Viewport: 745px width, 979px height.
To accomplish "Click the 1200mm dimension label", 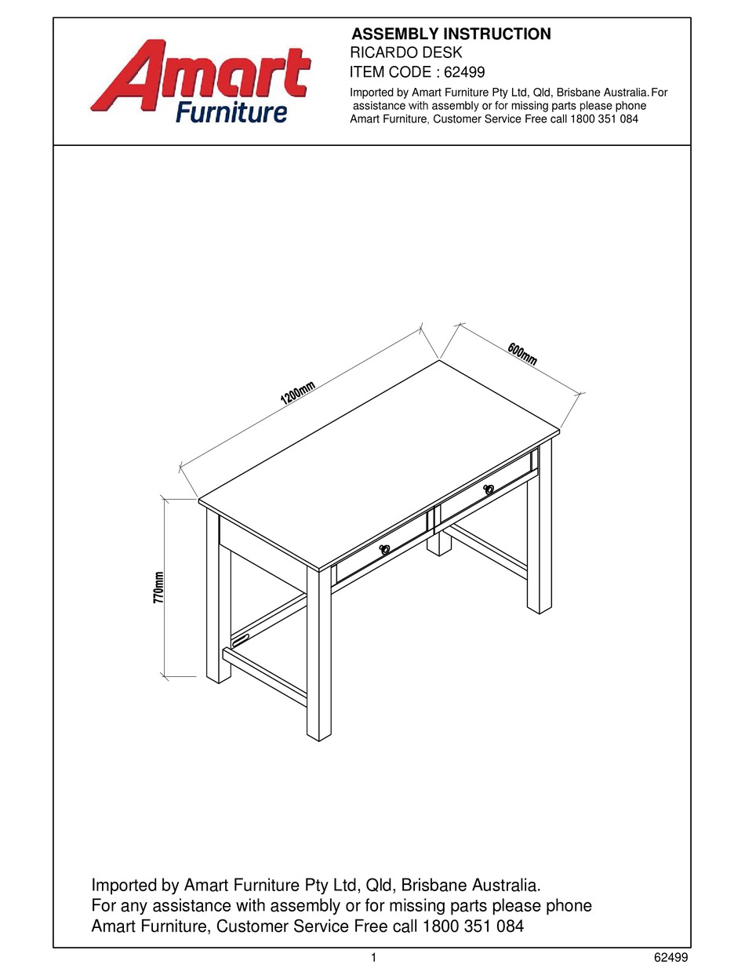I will pos(298,392).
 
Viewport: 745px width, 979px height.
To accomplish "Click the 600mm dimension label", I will pos(522,354).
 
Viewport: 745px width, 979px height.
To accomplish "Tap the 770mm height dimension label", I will pos(159,587).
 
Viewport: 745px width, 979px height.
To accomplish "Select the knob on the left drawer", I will pos(385,550).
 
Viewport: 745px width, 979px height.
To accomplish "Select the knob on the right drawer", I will pos(489,489).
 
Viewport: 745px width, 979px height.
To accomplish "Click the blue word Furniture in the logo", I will pos(231,112).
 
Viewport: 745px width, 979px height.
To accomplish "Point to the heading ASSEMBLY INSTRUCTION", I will pos(451,34).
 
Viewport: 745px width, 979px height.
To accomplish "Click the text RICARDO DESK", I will pos(405,53).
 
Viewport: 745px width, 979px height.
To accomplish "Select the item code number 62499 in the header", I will pos(464,72).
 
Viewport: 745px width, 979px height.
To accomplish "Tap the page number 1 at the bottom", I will pos(373,957).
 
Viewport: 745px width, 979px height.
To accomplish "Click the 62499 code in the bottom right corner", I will pos(670,957).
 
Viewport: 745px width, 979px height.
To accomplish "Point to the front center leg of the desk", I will pos(318,659).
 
